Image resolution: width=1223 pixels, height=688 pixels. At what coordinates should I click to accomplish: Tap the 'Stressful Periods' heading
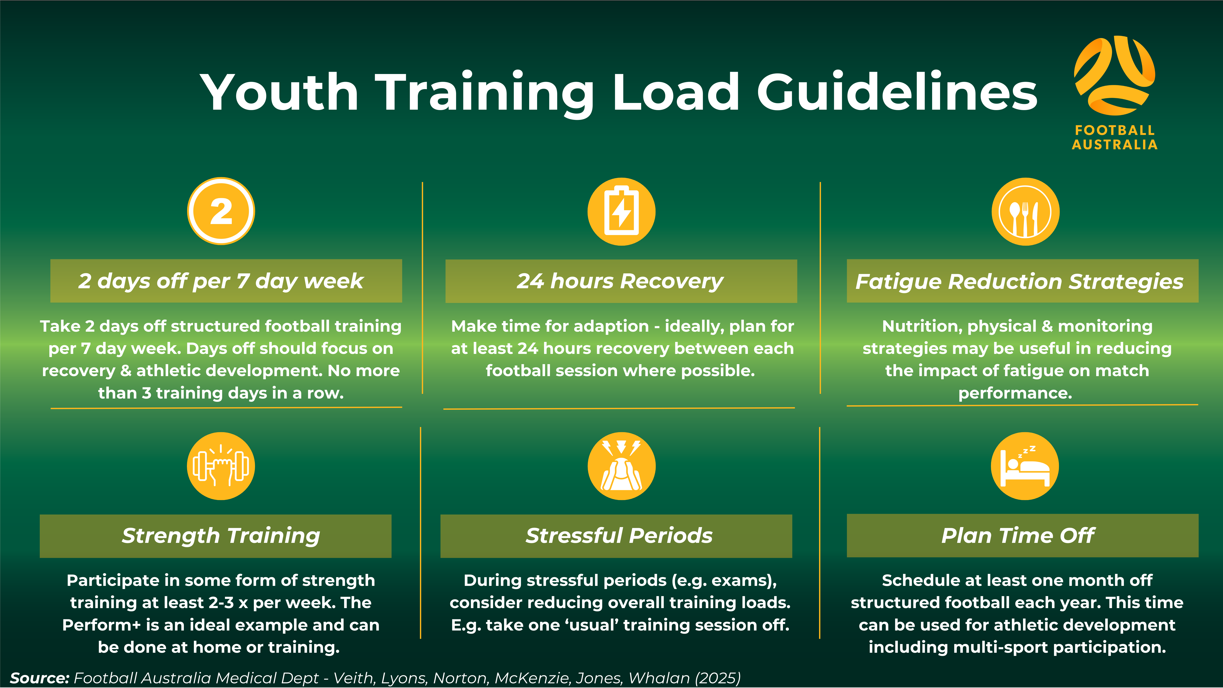pyautogui.click(x=619, y=536)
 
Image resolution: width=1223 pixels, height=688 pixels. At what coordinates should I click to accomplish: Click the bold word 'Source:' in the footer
pyautogui.click(x=40, y=678)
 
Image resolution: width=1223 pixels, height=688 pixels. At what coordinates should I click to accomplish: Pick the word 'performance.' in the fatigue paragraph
pyautogui.click(x=1015, y=393)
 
